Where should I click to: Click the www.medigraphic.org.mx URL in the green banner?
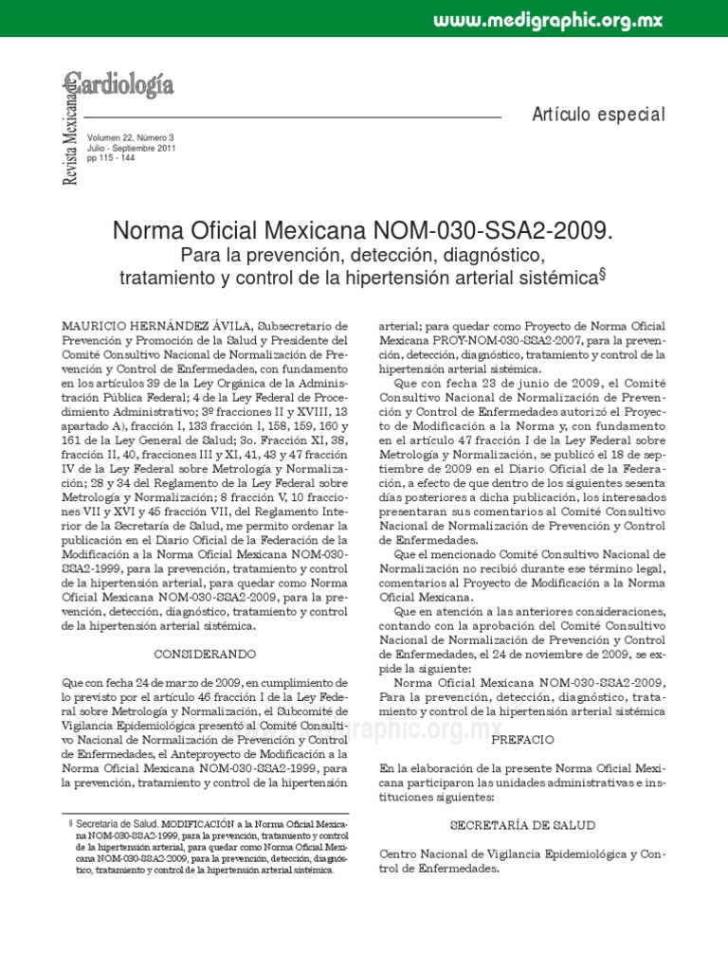(x=548, y=20)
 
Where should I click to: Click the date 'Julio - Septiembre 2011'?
(x=130, y=149)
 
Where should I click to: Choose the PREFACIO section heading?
(x=522, y=738)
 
